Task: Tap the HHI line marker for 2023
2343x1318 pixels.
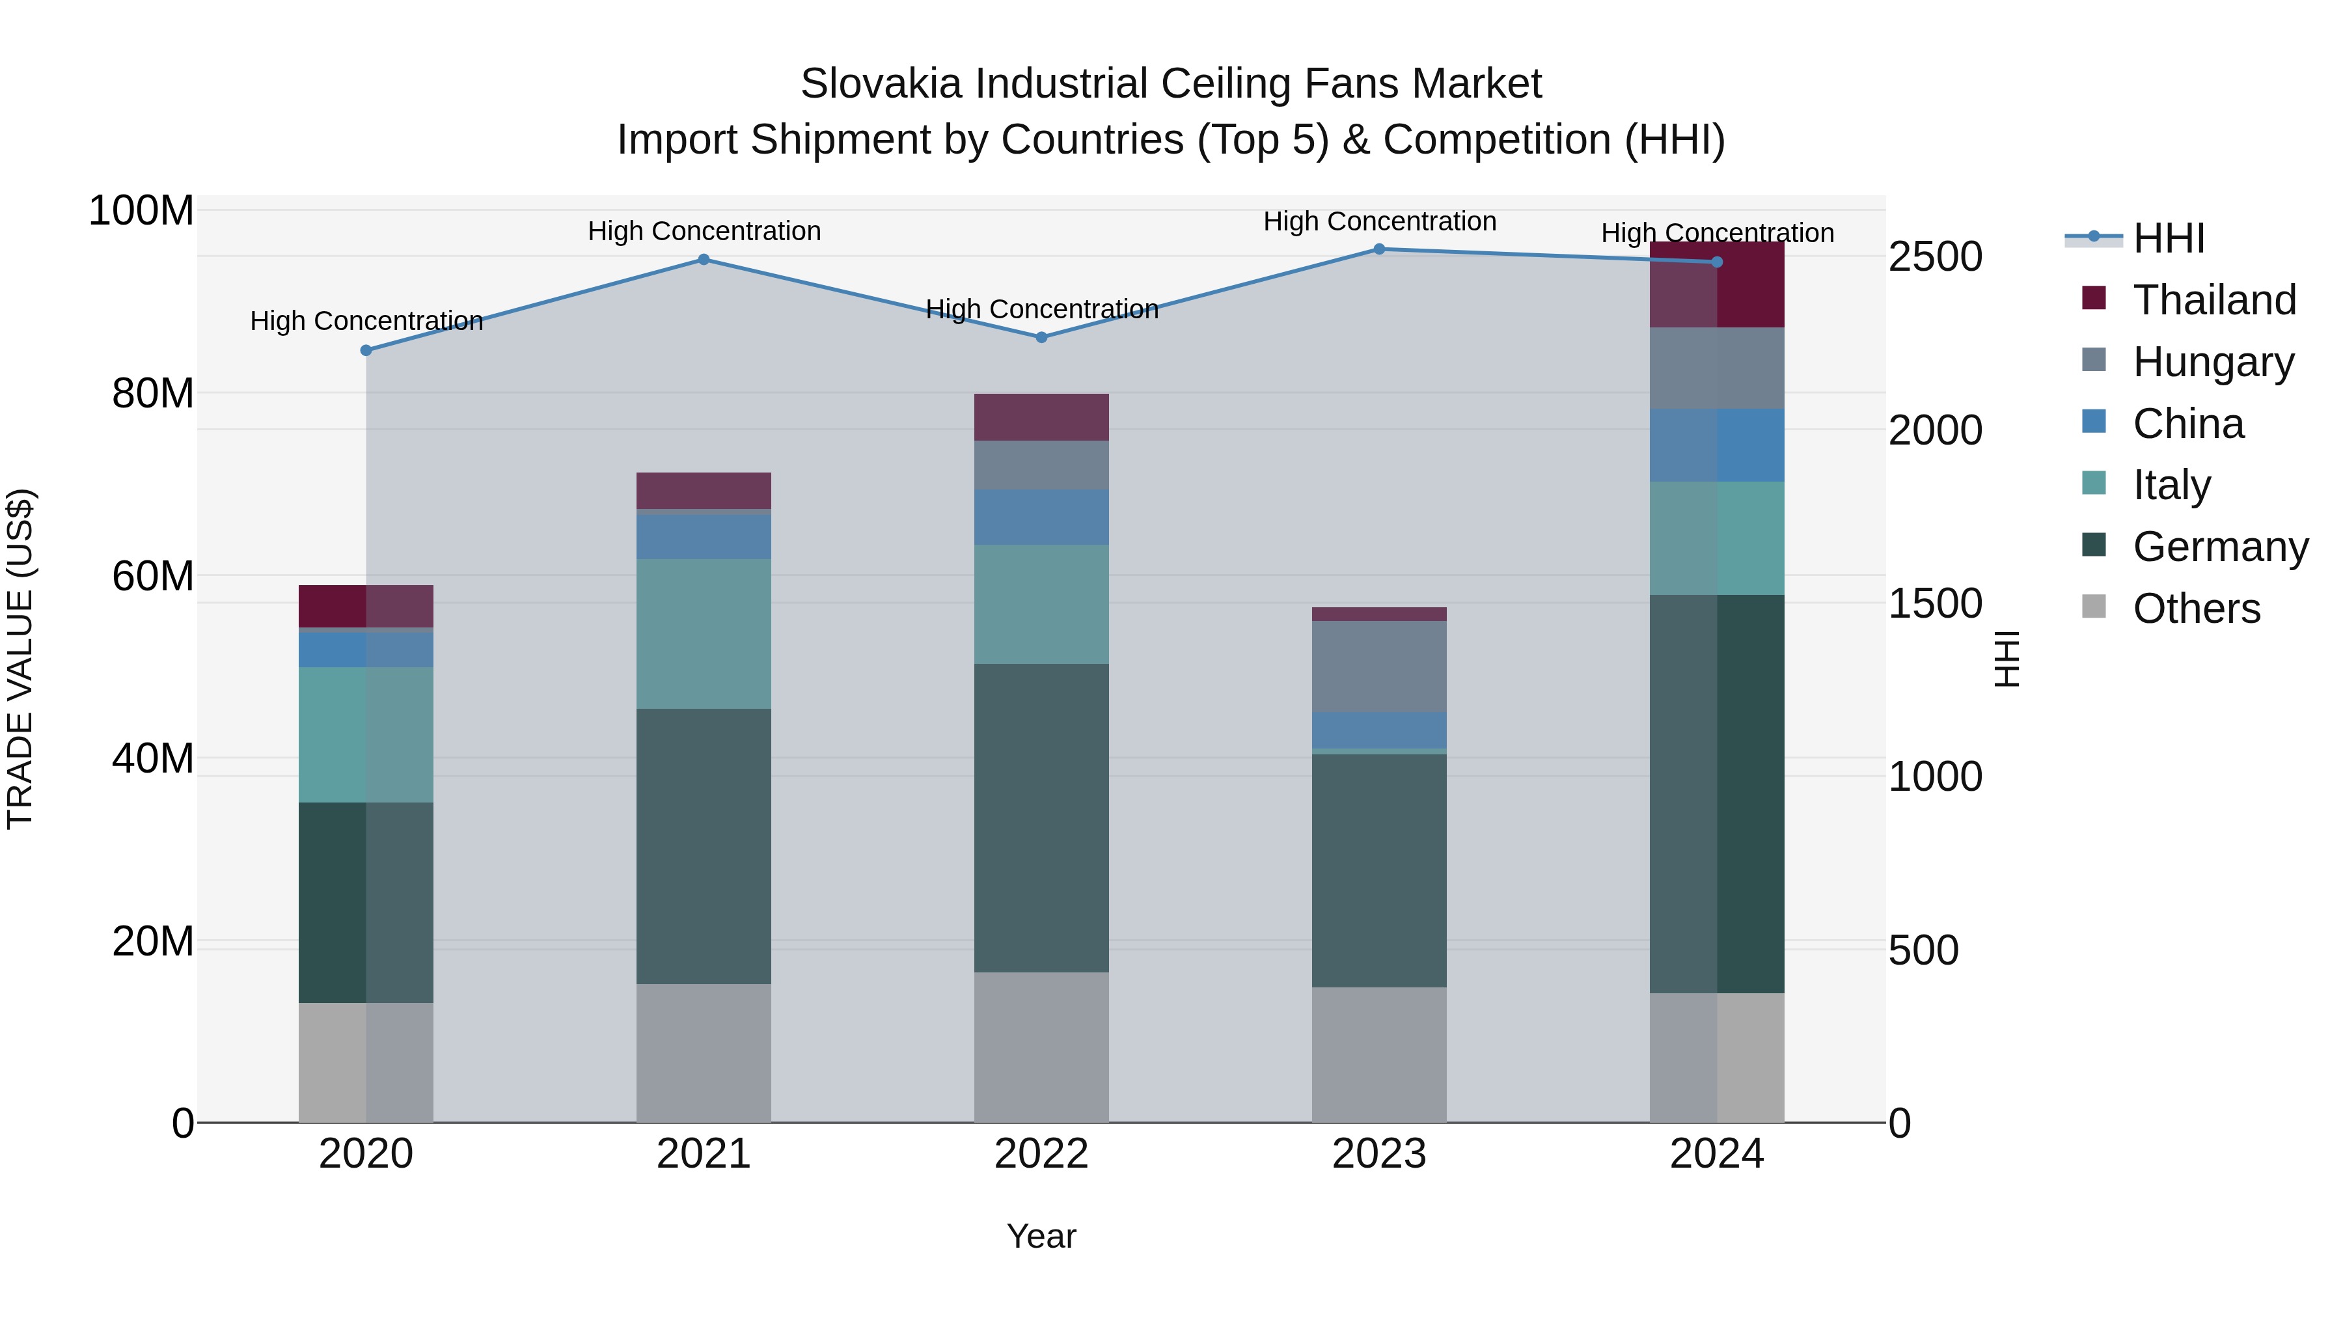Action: (x=1379, y=249)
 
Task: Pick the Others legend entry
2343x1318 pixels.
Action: (x=2196, y=609)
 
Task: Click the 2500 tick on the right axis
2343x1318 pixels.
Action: (x=1935, y=256)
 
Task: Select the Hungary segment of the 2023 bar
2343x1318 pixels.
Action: (x=1379, y=666)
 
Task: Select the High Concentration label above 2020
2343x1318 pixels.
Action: (x=366, y=321)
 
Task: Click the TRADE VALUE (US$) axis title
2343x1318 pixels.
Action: (x=20, y=659)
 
